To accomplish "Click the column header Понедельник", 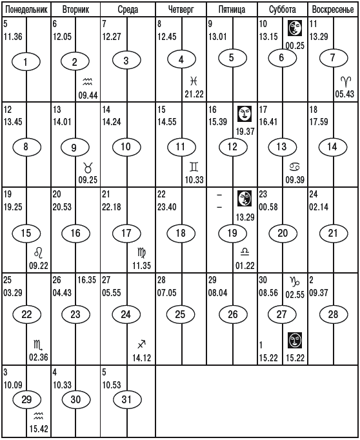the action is tap(26, 10).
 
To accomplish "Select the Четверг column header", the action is tap(181, 10).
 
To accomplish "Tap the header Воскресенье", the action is tap(333, 10).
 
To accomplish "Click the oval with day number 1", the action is tap(26, 61).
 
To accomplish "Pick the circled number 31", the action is tap(127, 399).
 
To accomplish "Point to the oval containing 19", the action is tap(233, 233).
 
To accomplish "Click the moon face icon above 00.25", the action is tap(295, 28).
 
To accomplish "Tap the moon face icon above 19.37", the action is tap(245, 114).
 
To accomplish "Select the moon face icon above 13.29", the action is tap(245, 199).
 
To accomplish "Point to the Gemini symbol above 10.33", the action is tap(194, 167).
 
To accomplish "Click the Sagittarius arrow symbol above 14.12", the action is tap(142, 345).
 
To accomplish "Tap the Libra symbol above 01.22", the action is tap(245, 252).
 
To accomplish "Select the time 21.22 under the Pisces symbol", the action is tap(194, 94).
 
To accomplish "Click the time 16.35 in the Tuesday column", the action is tap(87, 280).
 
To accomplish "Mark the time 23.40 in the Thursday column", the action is tap(167, 207).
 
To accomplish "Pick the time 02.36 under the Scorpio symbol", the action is tap(39, 357).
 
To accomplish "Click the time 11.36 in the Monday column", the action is tap(13, 37).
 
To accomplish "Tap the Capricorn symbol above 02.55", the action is tap(295, 281).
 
